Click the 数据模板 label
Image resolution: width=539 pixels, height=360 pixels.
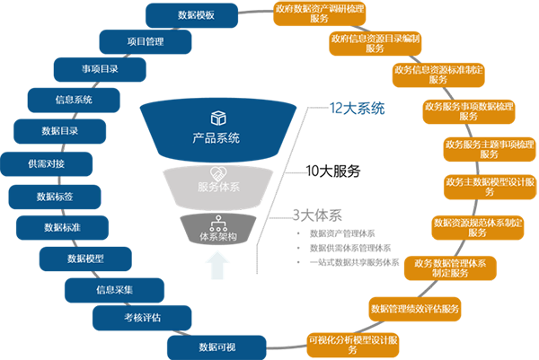click(196, 15)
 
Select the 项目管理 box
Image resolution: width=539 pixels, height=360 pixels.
click(146, 41)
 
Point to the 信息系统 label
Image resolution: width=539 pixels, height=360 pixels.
click(74, 100)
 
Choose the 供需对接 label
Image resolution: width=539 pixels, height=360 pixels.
click(46, 164)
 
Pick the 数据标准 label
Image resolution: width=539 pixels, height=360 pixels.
click(63, 227)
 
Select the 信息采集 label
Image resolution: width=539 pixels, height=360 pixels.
click(114, 290)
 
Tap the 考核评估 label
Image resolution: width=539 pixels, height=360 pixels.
click(142, 317)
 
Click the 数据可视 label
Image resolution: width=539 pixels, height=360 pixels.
click(217, 347)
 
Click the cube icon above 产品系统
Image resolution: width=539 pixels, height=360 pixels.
click(216, 119)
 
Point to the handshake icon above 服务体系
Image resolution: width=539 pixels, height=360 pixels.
click(216, 171)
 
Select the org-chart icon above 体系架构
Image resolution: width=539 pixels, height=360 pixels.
click(216, 220)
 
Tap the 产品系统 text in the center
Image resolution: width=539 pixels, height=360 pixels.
click(216, 138)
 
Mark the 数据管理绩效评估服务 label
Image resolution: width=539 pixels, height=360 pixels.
click(414, 309)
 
